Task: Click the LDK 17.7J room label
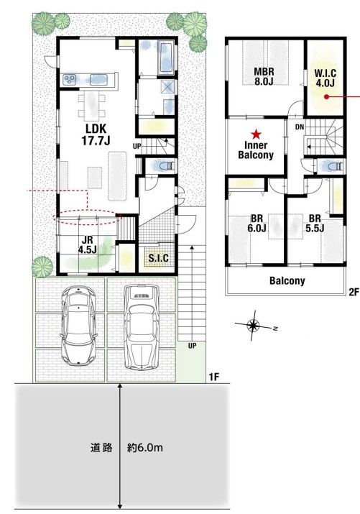tap(96, 134)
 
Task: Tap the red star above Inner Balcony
tap(256, 134)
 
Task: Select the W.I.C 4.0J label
tap(326, 78)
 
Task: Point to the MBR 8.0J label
tap(264, 76)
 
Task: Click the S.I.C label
tap(159, 258)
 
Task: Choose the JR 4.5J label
tap(87, 244)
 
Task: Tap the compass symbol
tap(253, 326)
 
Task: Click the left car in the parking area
tap(78, 325)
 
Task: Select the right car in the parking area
tap(142, 327)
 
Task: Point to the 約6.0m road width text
tap(144, 447)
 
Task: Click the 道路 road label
tap(101, 447)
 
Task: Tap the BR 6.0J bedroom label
tap(257, 223)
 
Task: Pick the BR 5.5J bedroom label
tap(315, 223)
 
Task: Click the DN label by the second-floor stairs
tap(300, 127)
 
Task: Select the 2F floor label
tap(354, 292)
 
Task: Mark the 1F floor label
tap(213, 377)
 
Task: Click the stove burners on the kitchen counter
tap(70, 79)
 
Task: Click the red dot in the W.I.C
tap(326, 96)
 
